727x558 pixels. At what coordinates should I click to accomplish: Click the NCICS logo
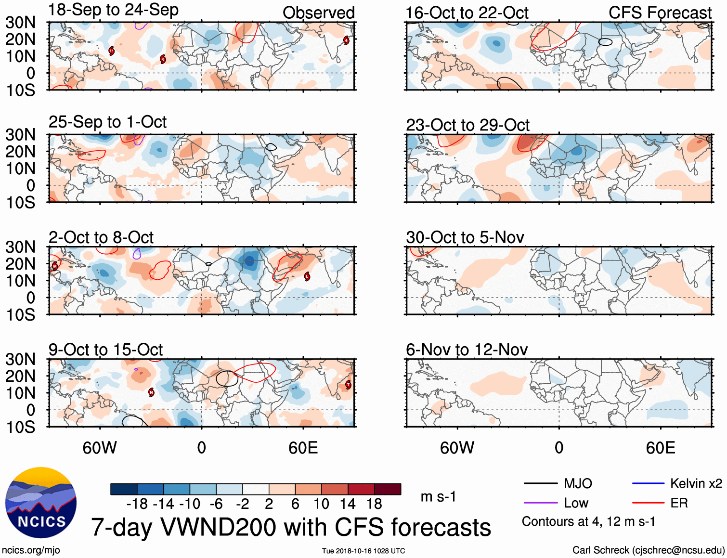click(x=41, y=503)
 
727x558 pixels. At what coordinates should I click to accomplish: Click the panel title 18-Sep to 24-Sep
click(x=113, y=10)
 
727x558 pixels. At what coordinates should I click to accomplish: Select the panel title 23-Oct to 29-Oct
click(x=467, y=125)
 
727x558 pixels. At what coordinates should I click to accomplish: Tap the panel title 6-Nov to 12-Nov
click(x=467, y=350)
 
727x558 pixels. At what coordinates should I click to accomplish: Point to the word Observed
click(x=318, y=13)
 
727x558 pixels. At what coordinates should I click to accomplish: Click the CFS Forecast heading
click(x=660, y=13)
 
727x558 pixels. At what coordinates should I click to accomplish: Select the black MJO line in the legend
click(x=540, y=483)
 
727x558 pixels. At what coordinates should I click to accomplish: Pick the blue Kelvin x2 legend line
click(x=648, y=483)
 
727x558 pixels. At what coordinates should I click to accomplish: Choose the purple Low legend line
click(x=540, y=503)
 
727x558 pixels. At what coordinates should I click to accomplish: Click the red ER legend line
click(x=648, y=503)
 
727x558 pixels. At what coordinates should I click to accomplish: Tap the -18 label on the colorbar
click(x=137, y=504)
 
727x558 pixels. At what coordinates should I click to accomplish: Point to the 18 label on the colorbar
click(x=374, y=504)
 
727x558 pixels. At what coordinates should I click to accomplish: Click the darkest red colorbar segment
click(x=388, y=489)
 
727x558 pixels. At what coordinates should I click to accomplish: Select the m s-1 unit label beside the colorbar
click(x=438, y=496)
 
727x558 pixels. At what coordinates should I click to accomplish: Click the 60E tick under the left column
click(x=303, y=448)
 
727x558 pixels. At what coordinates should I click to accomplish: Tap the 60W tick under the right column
click(x=457, y=448)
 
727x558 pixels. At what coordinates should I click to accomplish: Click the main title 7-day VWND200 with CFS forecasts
click(x=291, y=527)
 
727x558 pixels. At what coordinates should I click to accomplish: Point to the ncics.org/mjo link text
click(x=31, y=550)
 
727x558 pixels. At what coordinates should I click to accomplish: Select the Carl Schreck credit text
click(x=648, y=550)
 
